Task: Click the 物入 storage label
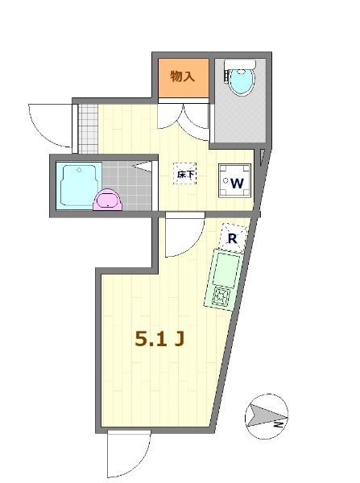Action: point(182,77)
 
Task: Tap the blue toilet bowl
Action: point(240,83)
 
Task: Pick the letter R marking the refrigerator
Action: point(232,237)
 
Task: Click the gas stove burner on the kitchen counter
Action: point(221,299)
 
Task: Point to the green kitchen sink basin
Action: point(225,270)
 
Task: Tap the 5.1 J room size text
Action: point(160,340)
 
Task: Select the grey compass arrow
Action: point(262,415)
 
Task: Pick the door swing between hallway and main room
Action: point(181,235)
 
